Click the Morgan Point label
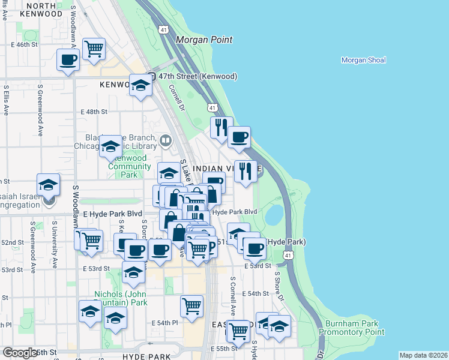pyautogui.click(x=204, y=40)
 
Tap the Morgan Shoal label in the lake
pyautogui.click(x=363, y=60)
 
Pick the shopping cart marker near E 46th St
pyautogui.click(x=94, y=49)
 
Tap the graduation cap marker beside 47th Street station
pyautogui.click(x=140, y=85)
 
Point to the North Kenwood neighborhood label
pyautogui.click(x=41, y=10)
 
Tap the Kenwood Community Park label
pyautogui.click(x=129, y=166)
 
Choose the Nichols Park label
pyautogui.click(x=121, y=299)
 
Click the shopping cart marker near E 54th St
pyautogui.click(x=191, y=306)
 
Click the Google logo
pyautogui.click(x=20, y=353)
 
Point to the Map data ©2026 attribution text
pyautogui.click(x=423, y=355)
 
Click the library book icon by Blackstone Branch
pyautogui.click(x=166, y=142)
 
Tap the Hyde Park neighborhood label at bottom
pyautogui.click(x=146, y=356)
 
